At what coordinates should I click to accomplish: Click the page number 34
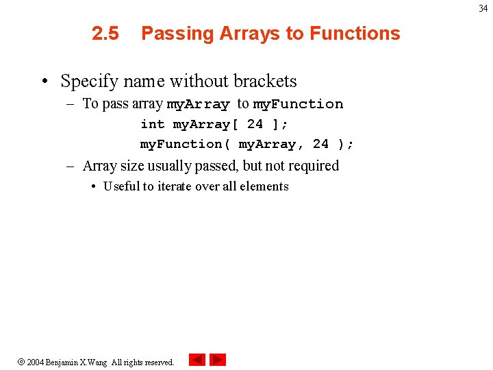(x=483, y=9)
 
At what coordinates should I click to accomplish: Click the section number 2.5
(x=105, y=34)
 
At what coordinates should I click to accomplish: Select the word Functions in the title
(x=355, y=34)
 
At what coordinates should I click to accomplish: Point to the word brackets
(x=265, y=81)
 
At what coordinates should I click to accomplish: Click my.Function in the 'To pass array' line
(x=298, y=104)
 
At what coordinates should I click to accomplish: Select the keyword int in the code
(x=152, y=124)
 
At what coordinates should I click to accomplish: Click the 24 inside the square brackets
(x=255, y=124)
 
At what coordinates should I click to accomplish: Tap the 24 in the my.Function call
(x=320, y=144)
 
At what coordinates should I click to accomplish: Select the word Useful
(x=121, y=186)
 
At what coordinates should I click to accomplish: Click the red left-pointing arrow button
(x=197, y=360)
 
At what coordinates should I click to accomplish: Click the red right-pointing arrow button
(x=218, y=360)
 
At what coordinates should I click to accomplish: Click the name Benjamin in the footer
(x=62, y=362)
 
